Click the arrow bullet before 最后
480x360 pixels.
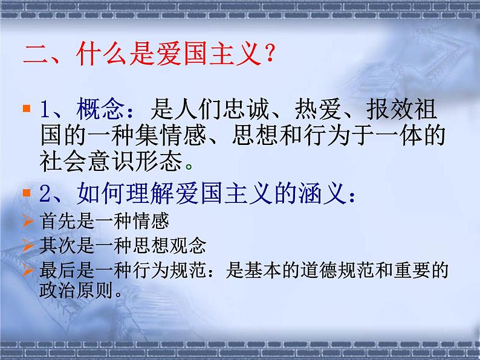pyautogui.click(x=27, y=270)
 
